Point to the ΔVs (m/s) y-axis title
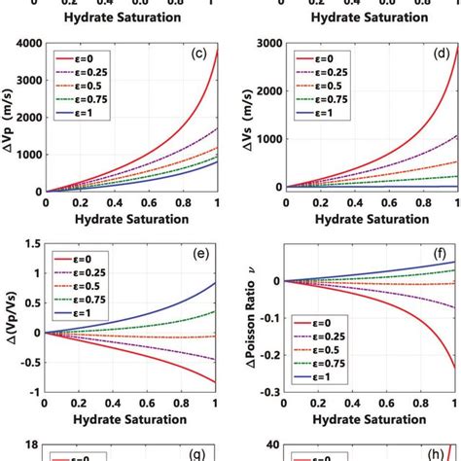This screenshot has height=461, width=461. coord(250,117)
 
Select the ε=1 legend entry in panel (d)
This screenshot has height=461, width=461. coord(316,113)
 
